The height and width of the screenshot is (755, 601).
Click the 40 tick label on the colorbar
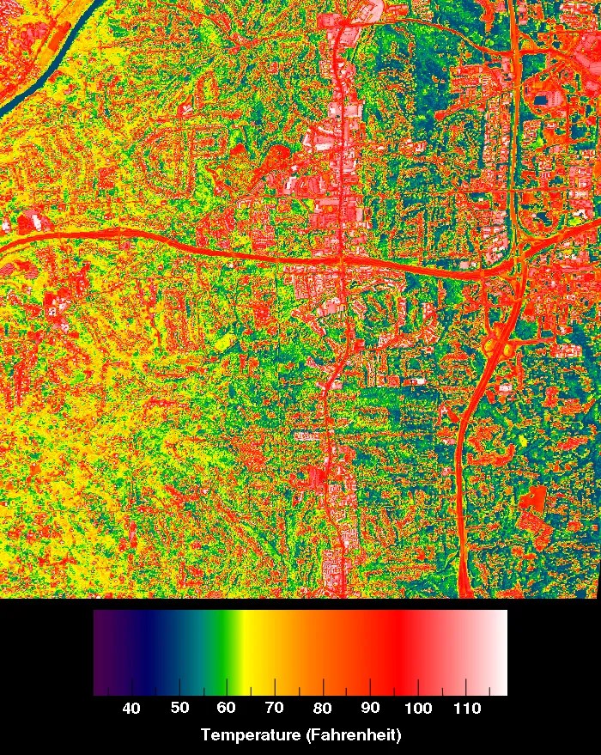[x=131, y=708]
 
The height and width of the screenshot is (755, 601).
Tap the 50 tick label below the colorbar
[x=179, y=708]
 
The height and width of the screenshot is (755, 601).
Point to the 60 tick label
[x=227, y=708]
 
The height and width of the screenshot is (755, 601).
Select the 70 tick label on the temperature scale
[x=275, y=708]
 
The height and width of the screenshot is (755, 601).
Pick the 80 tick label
[x=323, y=708]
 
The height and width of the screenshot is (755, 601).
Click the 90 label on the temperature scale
[x=371, y=708]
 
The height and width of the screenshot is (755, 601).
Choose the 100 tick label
[x=417, y=708]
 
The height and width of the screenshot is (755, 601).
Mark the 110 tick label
[x=465, y=708]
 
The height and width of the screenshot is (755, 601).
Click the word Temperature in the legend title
[x=249, y=735]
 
